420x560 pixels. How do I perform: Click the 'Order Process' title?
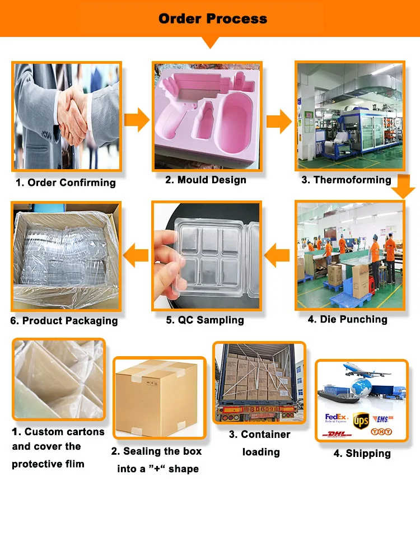click(x=212, y=18)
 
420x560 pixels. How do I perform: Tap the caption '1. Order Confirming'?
click(x=66, y=183)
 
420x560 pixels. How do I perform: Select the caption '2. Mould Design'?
click(x=206, y=180)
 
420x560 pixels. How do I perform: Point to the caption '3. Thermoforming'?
click(x=347, y=180)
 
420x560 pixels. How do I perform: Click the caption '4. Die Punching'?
click(x=347, y=319)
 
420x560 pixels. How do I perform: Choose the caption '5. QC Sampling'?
click(x=205, y=320)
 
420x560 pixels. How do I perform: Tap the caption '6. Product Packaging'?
click(x=64, y=321)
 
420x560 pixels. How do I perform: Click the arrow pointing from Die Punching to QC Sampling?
click(x=277, y=257)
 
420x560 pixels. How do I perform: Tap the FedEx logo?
click(x=337, y=418)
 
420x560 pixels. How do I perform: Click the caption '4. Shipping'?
click(x=362, y=453)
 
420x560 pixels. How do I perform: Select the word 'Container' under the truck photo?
click(x=265, y=435)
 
